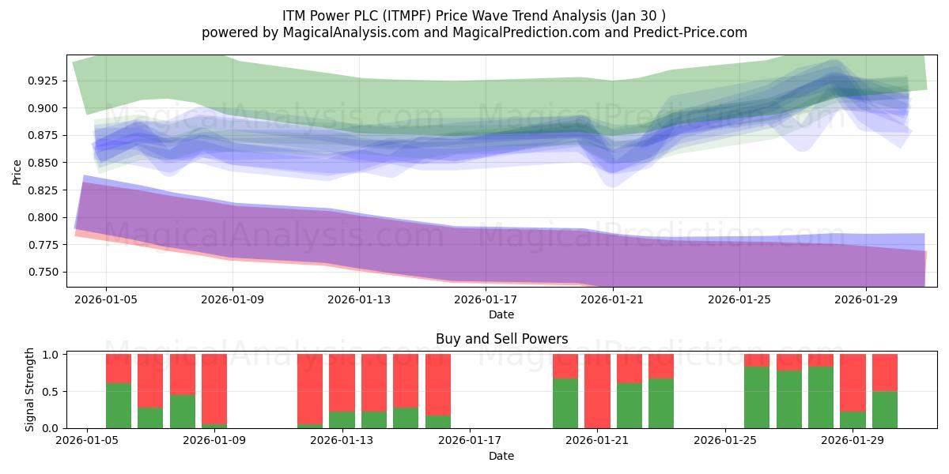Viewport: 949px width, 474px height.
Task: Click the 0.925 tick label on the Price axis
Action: click(43, 81)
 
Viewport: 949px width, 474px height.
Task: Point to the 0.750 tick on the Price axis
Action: click(43, 272)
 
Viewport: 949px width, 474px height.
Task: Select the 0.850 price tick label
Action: click(43, 163)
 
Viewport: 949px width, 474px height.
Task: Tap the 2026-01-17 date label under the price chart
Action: click(486, 299)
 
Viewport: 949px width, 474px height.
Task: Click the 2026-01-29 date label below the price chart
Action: click(866, 299)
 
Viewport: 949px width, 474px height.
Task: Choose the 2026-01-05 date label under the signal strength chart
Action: click(87, 441)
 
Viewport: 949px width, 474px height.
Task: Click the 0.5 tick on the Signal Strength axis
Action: click(51, 392)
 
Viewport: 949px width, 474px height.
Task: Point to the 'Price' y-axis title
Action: click(17, 172)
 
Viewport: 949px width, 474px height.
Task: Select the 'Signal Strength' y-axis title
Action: click(29, 389)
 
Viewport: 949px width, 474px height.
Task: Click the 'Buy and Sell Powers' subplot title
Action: click(501, 339)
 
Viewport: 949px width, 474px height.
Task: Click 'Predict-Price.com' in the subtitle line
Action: click(690, 32)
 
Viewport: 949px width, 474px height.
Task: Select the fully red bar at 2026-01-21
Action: click(597, 391)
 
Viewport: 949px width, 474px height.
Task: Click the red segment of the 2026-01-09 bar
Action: click(214, 389)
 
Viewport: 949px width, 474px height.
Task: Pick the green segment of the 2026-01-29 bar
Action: click(853, 419)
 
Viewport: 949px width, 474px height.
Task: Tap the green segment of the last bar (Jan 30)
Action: click(885, 410)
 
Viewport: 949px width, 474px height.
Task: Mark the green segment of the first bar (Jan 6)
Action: click(119, 405)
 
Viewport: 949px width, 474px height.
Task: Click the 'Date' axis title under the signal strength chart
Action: click(501, 456)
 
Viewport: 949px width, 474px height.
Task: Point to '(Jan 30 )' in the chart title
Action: click(638, 16)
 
